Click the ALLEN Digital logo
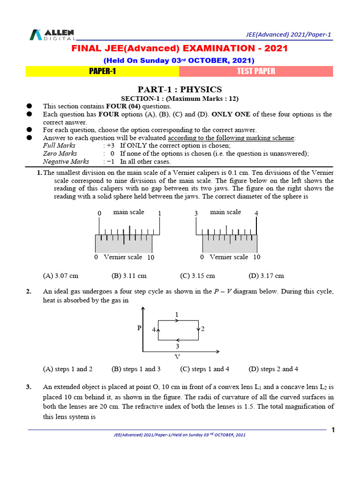coord(52,35)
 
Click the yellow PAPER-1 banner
coord(102,71)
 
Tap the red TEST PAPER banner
coord(256,71)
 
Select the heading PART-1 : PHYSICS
coord(180,90)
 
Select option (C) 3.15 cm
coord(197,276)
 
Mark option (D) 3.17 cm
coord(266,276)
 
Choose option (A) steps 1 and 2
coord(67,369)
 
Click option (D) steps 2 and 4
coord(273,369)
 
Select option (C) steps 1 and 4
coord(204,369)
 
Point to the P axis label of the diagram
coord(139,329)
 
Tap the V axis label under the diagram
coord(177,357)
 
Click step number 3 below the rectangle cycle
coord(177,346)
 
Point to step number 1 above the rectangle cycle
coord(177,314)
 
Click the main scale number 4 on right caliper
coord(256,213)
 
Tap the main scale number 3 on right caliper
coord(196,213)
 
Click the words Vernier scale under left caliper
coord(123,257)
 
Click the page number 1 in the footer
coord(333,430)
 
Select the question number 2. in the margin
coord(29,292)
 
